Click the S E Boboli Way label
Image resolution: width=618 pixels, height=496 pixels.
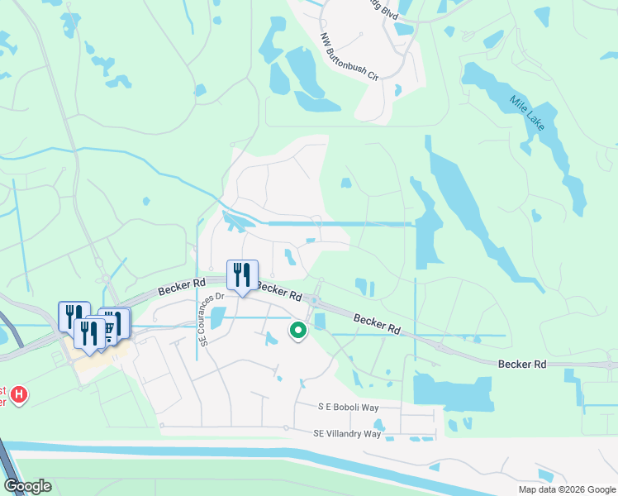347,408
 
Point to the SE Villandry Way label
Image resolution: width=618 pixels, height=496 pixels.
347,433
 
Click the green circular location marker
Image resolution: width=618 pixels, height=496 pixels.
297,331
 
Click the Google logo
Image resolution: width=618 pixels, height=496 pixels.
27,486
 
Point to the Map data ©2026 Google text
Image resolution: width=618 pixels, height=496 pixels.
566,489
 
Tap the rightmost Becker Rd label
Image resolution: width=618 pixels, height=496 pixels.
522,364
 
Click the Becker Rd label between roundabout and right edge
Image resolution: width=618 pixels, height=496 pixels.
377,322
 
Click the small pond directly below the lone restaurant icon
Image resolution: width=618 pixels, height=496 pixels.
218,317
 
